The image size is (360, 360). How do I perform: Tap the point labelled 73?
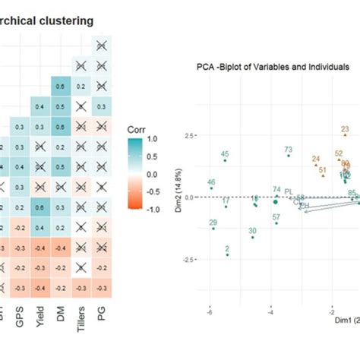pyautogui.click(x=289, y=156)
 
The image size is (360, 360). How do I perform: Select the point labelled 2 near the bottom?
pyautogui.click(x=227, y=254)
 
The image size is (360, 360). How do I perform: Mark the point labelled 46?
pyautogui.click(x=211, y=189)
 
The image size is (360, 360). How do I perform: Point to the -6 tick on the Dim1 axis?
pyautogui.click(x=209, y=310)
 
